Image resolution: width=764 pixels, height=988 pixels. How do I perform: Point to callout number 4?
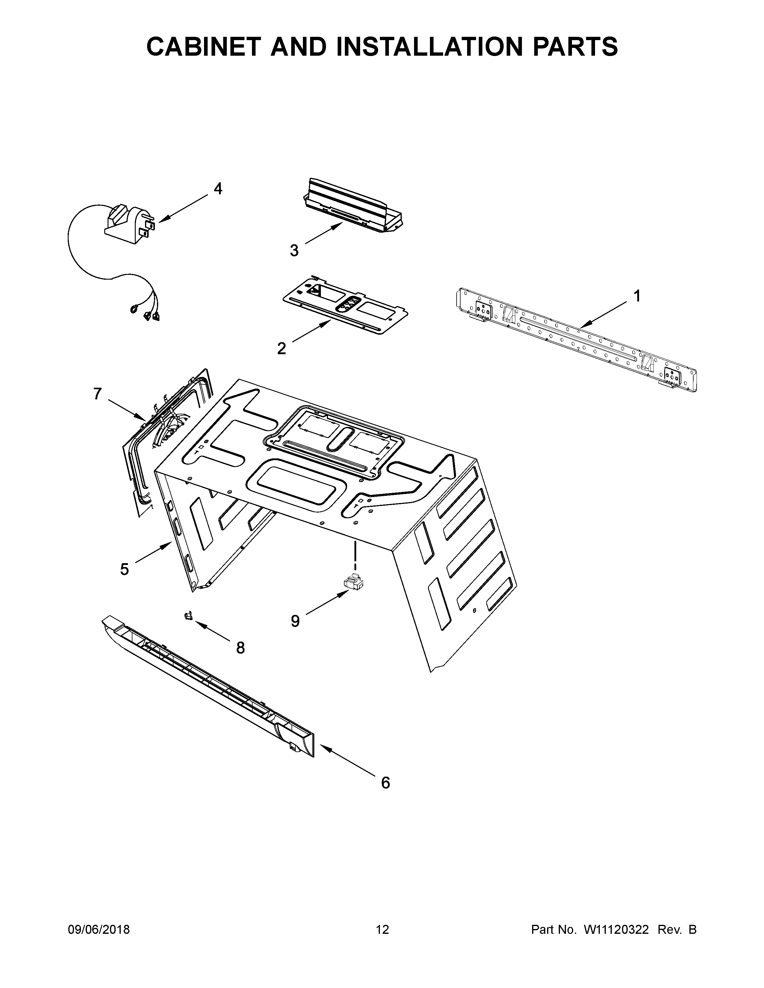pos(218,189)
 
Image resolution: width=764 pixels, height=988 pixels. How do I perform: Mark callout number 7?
pos(97,394)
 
